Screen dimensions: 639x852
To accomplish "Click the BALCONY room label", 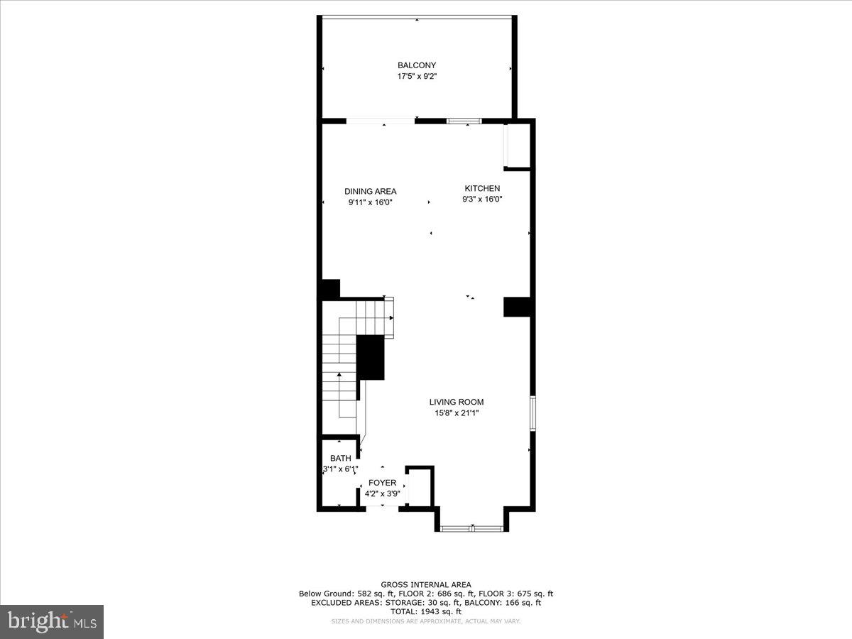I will pyautogui.click(x=416, y=65).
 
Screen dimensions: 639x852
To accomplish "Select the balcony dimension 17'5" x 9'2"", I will pyautogui.click(x=416, y=76).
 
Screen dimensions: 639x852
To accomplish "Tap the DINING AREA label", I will pyautogui.click(x=370, y=191).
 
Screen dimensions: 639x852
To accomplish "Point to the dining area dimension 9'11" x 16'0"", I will pyautogui.click(x=370, y=202).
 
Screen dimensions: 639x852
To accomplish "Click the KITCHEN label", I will pyautogui.click(x=482, y=188).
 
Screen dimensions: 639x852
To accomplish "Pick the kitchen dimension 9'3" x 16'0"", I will pyautogui.click(x=482, y=200).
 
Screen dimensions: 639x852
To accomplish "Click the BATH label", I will pyautogui.click(x=340, y=458).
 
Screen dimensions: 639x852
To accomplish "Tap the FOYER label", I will pyautogui.click(x=382, y=483).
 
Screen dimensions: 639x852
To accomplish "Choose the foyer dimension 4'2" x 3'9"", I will pyautogui.click(x=382, y=493).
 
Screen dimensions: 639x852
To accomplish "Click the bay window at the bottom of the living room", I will pyautogui.click(x=471, y=528).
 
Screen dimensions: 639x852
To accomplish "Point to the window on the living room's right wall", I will pyautogui.click(x=532, y=413).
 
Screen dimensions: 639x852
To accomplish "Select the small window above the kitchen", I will pyautogui.click(x=464, y=121).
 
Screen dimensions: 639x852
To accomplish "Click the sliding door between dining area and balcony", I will pyautogui.click(x=381, y=121).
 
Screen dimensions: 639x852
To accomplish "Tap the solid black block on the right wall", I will pyautogui.click(x=517, y=306).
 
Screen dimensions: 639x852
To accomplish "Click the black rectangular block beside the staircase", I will pyautogui.click(x=370, y=357).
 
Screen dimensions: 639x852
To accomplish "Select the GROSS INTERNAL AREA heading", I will pyautogui.click(x=425, y=584).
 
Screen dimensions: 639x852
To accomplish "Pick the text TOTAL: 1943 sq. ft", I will pyautogui.click(x=425, y=611).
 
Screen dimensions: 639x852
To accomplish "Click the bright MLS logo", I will pyautogui.click(x=51, y=621).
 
